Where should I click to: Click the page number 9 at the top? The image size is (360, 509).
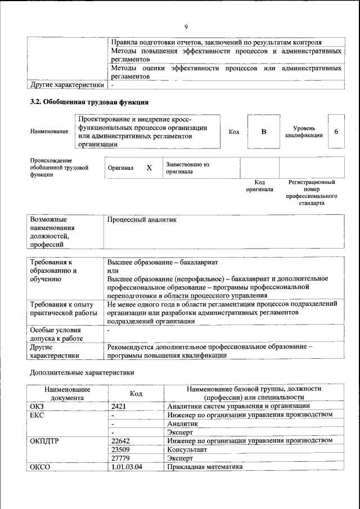[x=186, y=27]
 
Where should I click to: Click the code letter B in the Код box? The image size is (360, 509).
[x=263, y=132]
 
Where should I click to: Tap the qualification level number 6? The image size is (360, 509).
[x=336, y=132]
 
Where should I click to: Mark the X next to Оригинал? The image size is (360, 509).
[x=149, y=168]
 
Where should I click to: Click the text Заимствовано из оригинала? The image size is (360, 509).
[x=187, y=168]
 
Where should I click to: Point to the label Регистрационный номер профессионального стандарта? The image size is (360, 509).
[x=312, y=193]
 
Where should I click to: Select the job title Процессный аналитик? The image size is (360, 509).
[x=142, y=220]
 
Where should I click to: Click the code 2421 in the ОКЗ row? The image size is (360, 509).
[x=120, y=406]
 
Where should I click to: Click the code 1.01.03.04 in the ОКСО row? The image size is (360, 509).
[x=127, y=467]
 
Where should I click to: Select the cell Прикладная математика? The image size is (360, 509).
[x=204, y=467]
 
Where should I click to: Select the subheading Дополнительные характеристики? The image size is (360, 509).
[x=82, y=373]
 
